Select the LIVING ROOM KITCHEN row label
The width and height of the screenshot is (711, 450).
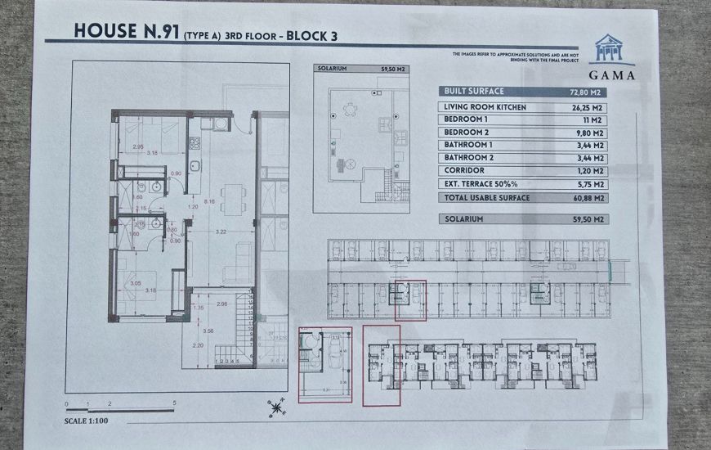(485, 107)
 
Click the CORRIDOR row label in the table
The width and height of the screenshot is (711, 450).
(463, 170)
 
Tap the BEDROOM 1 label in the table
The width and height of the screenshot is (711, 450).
(466, 119)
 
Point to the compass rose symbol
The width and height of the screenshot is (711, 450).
(279, 405)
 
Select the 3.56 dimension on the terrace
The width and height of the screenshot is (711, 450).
(208, 331)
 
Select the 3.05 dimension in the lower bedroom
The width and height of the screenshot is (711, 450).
(136, 282)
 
